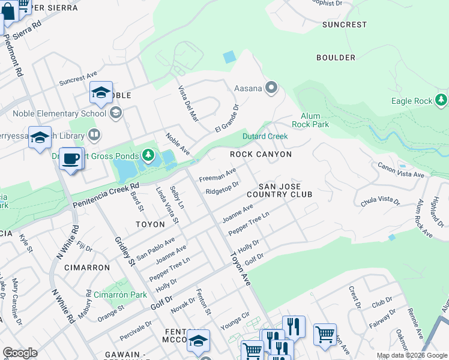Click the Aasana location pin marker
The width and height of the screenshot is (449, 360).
pos(271,88)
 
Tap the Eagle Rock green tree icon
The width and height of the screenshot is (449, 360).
pos(442,99)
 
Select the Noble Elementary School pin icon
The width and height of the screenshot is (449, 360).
pos(116,113)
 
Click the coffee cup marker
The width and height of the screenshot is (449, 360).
pos(71,159)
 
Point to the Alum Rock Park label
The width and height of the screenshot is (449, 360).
pos(310,120)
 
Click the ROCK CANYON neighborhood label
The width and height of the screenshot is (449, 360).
pos(261,154)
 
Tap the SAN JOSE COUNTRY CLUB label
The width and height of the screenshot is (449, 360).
pos(279,190)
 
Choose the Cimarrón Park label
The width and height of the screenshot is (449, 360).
pos(120,295)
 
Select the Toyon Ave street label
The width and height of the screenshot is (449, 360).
pos(239,267)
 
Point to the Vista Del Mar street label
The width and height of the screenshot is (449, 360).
pos(188,104)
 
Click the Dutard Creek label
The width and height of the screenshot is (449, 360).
pos(265,136)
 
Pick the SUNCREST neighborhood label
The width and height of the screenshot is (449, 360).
pos(344,25)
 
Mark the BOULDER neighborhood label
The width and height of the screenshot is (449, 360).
pos(336,58)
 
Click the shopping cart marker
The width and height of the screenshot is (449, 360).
pos(325,334)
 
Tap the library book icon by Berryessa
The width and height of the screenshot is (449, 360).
pos(94,134)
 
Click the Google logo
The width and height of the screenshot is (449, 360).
pos(20,353)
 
